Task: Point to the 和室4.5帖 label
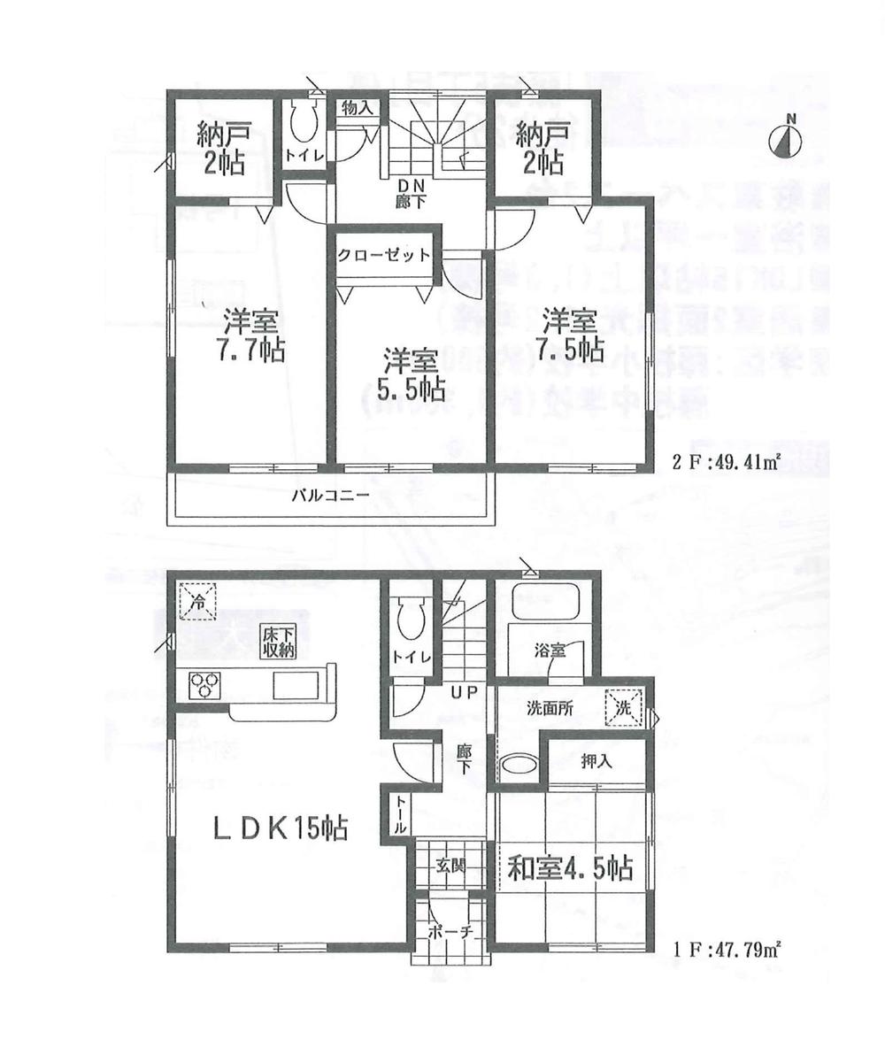pyautogui.click(x=570, y=868)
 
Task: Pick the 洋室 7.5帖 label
pyautogui.click(x=571, y=330)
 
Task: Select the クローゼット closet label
pyautogui.click(x=384, y=255)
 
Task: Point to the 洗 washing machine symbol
pyautogui.click(x=623, y=707)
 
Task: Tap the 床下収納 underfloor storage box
pyautogui.click(x=276, y=640)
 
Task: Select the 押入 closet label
pyautogui.click(x=596, y=760)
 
